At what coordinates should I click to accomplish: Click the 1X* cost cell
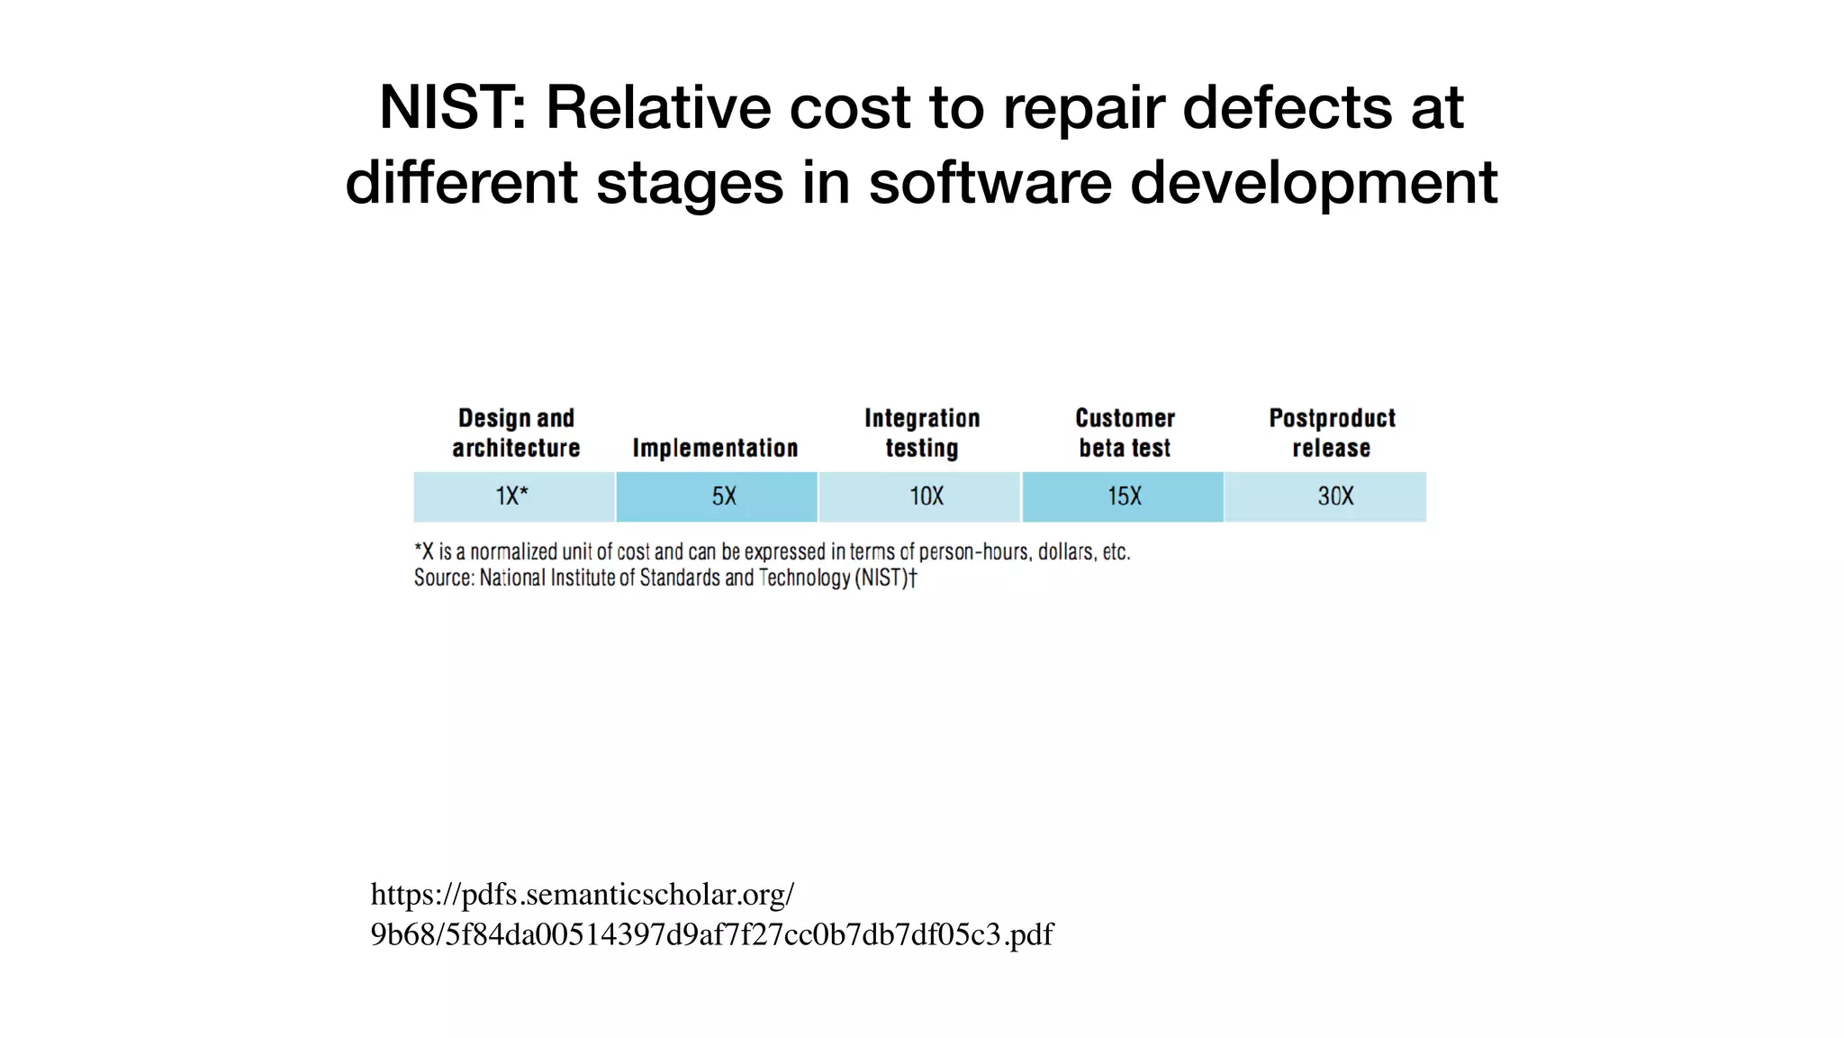[x=513, y=496]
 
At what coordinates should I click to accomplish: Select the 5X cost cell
[x=717, y=496]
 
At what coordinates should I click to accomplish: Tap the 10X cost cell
[x=919, y=496]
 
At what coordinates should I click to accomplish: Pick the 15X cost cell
[x=1123, y=496]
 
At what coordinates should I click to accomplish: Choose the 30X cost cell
[x=1325, y=496]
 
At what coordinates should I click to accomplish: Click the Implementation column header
[x=715, y=448]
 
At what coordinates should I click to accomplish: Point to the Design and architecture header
[x=516, y=433]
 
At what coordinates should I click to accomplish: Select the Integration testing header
[x=922, y=433]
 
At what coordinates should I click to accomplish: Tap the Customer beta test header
[x=1125, y=433]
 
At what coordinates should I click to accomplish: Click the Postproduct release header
[x=1332, y=433]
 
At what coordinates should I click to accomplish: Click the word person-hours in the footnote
[x=975, y=551]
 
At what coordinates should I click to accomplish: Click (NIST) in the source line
[x=884, y=578]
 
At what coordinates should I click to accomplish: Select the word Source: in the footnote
[x=444, y=578]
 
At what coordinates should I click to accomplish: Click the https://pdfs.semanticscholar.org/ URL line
[x=583, y=895]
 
